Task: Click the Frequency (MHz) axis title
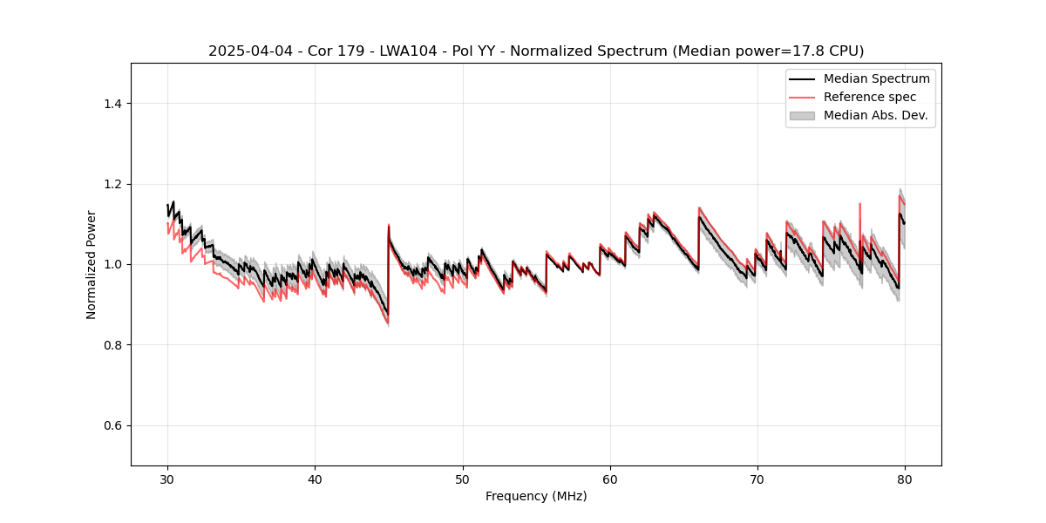(536, 496)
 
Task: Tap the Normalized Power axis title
(92, 264)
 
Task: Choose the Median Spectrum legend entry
(876, 78)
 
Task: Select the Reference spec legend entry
(869, 97)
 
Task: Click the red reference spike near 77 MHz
(860, 207)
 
